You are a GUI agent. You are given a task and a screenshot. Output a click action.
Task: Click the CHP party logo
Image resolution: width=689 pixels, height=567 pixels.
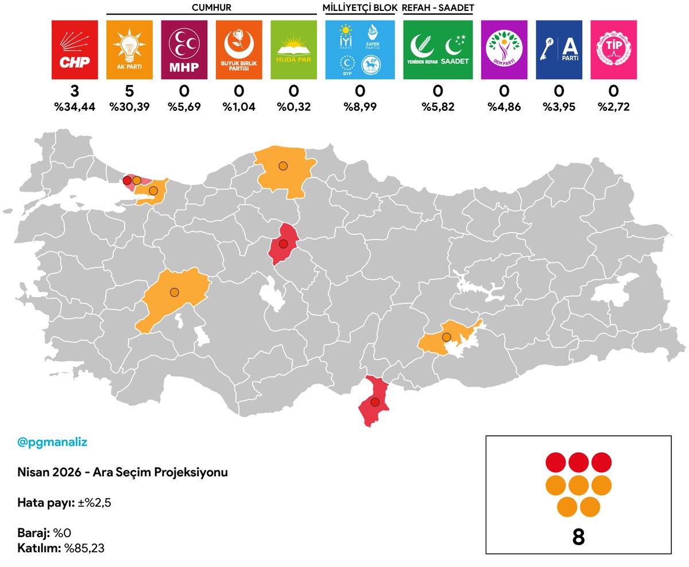[x=75, y=50]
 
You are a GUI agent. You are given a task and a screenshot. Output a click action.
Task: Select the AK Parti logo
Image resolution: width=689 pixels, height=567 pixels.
[x=130, y=50]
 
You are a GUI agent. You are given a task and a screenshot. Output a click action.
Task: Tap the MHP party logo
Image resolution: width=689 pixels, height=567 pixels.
[x=184, y=50]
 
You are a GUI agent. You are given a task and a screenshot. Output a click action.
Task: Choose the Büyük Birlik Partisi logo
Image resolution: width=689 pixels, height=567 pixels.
[x=239, y=50]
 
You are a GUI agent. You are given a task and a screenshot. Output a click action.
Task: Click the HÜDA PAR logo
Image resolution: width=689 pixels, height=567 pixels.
[x=293, y=50]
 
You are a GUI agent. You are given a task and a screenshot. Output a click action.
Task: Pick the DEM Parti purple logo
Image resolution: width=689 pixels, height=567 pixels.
[x=504, y=50]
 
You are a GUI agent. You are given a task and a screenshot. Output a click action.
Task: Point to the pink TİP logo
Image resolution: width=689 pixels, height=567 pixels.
[x=613, y=50]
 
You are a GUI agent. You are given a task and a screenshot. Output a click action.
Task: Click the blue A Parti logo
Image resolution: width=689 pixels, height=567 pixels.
[x=559, y=50]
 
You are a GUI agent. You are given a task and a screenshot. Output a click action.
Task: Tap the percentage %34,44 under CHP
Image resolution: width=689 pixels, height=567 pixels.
[x=75, y=106]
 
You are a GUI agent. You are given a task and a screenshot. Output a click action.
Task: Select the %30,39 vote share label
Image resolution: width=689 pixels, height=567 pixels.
[x=130, y=106]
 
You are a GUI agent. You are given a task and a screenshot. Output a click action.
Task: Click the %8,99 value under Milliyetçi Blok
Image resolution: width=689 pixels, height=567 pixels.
[x=360, y=106]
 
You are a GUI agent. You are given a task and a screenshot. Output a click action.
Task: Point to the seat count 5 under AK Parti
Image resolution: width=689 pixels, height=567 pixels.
[x=130, y=91]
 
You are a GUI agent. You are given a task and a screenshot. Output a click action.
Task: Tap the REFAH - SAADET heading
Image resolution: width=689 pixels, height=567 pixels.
[x=438, y=7]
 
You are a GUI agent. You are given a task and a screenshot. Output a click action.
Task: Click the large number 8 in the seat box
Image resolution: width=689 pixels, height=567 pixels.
[x=578, y=537]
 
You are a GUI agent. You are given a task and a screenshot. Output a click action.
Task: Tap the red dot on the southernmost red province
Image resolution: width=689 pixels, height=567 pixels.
[x=375, y=402]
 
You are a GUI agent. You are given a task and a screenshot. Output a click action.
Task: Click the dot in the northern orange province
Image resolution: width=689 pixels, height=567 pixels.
[x=282, y=166]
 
